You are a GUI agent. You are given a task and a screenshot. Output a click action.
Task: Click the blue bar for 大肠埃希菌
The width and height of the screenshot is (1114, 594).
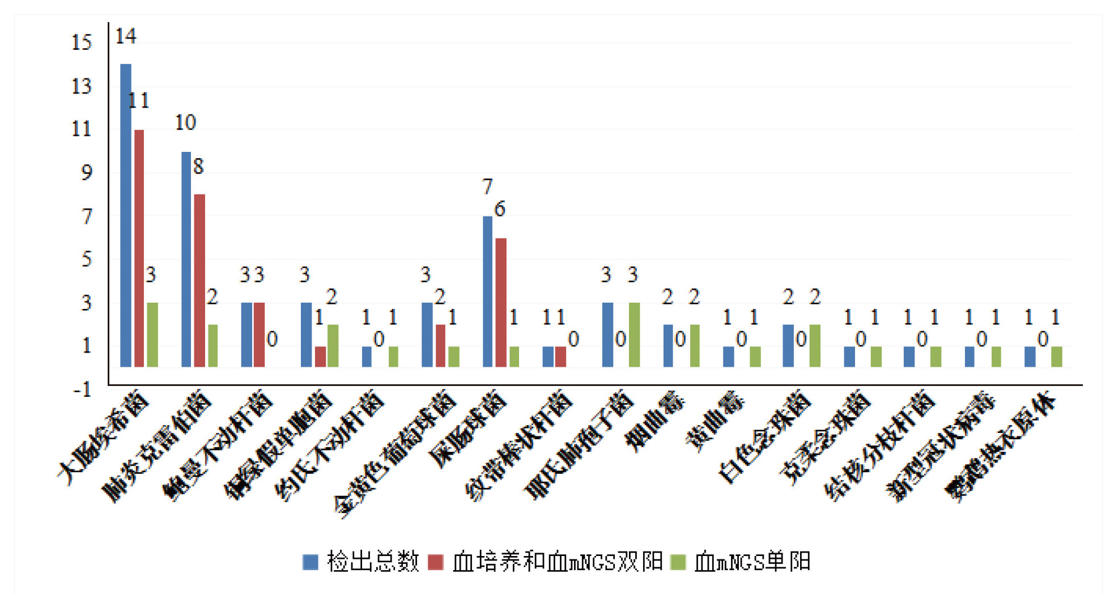[126, 215]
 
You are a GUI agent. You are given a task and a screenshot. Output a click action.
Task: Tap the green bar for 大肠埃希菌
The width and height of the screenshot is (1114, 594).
[152, 334]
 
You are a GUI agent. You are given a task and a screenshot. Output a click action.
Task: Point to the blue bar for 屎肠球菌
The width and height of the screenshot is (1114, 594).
[488, 291]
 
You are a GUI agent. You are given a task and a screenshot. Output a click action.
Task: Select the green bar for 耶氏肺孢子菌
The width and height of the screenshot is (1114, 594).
[634, 334]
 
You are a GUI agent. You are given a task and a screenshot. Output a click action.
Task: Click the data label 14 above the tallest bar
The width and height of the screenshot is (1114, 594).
[126, 37]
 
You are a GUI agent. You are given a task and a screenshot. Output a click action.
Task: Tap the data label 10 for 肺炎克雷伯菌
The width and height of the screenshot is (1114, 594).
[185, 122]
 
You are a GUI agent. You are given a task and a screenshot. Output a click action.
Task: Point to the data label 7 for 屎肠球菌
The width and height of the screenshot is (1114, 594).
[487, 186]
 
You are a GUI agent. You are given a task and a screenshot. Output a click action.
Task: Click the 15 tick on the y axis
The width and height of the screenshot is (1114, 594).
[82, 43]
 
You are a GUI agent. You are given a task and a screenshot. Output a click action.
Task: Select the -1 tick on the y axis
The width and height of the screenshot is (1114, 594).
[82, 390]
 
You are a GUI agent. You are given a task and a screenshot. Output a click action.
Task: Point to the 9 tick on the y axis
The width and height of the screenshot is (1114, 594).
[86, 172]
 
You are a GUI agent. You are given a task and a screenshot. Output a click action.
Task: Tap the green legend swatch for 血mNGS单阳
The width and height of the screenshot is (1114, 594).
[678, 562]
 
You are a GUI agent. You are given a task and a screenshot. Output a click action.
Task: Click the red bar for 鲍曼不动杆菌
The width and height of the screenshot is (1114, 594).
[259, 334]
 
